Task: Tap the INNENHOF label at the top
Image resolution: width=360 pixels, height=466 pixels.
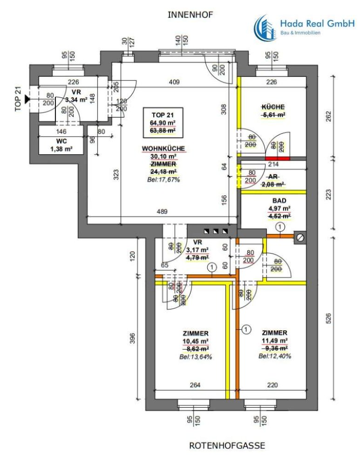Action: point(190,15)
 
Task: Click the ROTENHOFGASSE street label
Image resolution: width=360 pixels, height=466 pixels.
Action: point(227,446)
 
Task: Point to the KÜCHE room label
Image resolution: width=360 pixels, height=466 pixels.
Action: point(273,107)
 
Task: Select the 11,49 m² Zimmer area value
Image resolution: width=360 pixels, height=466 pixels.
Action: point(274,341)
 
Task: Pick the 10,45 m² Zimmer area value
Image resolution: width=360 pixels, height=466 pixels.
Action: point(196,341)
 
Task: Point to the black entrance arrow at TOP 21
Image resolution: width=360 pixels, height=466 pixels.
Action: point(27,99)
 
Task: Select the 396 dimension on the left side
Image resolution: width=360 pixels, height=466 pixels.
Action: point(132,336)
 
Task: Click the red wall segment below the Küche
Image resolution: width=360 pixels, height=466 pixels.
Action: point(277,158)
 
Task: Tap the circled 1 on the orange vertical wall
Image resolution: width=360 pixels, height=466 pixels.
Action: point(244,330)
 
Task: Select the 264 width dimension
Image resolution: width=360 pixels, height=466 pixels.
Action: point(194,385)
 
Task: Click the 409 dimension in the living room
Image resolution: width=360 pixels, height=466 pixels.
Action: point(174,83)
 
